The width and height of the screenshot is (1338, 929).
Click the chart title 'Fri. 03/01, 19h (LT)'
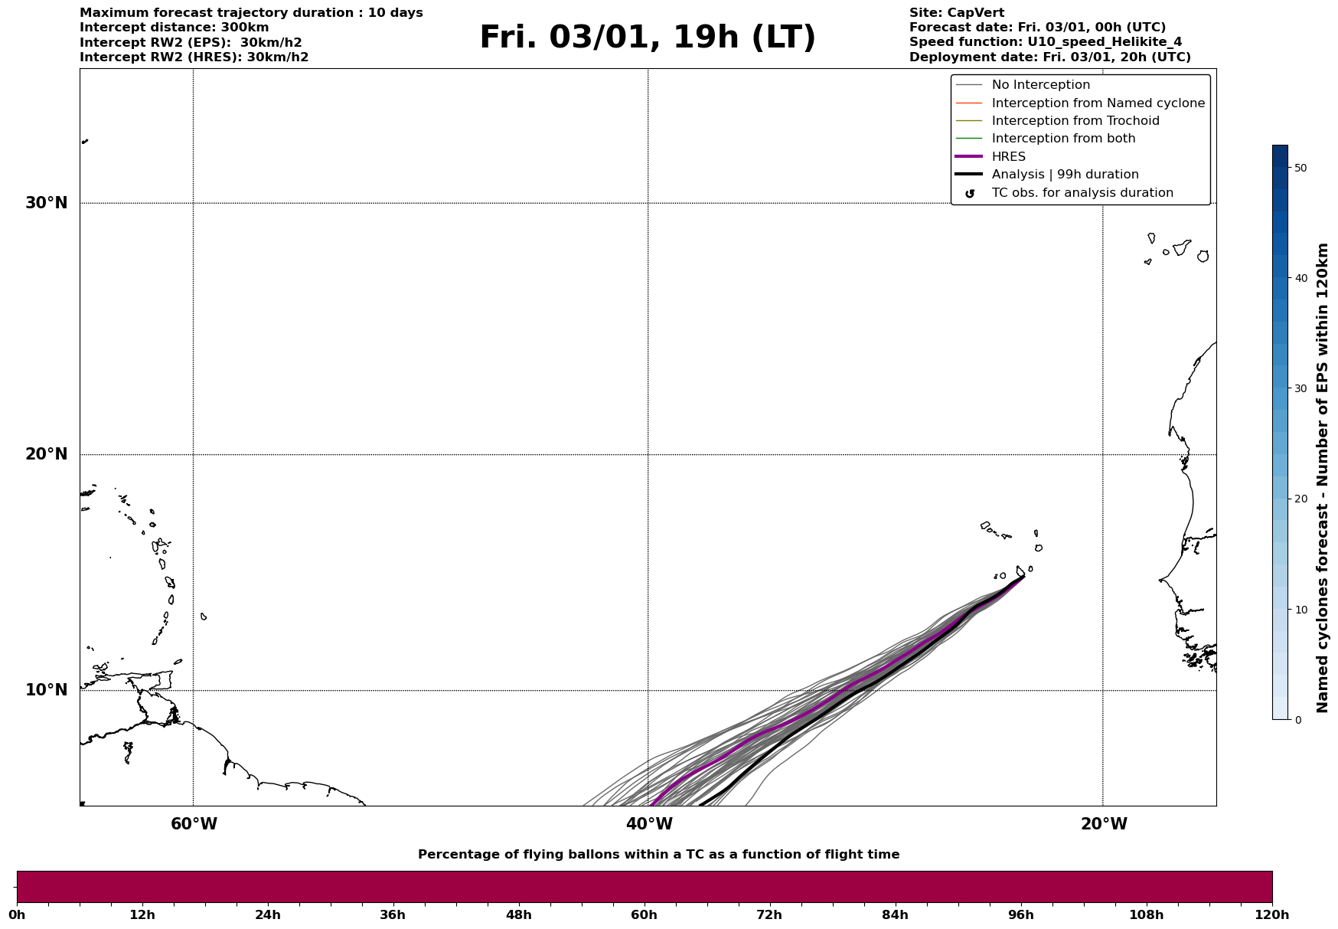648,38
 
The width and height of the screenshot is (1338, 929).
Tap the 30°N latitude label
47,203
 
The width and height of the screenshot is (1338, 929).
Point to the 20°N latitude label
47,454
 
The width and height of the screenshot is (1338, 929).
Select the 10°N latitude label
47,690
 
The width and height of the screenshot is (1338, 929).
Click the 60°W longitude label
194,824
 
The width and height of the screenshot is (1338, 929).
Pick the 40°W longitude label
649,824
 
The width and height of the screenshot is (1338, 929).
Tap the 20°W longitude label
1104,824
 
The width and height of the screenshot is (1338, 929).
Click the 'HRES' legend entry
1008,157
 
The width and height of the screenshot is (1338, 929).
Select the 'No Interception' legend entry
1040,85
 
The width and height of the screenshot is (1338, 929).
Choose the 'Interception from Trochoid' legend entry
1075,121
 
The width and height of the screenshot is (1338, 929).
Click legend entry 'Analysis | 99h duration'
1065,175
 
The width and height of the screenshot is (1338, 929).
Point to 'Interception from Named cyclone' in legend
1098,103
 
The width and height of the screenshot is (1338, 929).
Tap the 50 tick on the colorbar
1300,168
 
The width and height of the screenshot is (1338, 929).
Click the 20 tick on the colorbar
1300,499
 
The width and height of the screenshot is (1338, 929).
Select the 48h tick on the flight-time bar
518,914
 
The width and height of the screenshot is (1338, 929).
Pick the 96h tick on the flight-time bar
1020,914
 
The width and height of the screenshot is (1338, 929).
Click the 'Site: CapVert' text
956,13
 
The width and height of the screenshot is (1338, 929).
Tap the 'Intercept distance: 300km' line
174,28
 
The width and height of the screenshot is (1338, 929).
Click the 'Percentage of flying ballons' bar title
658,855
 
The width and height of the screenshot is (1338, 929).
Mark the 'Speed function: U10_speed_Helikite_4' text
1045,42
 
